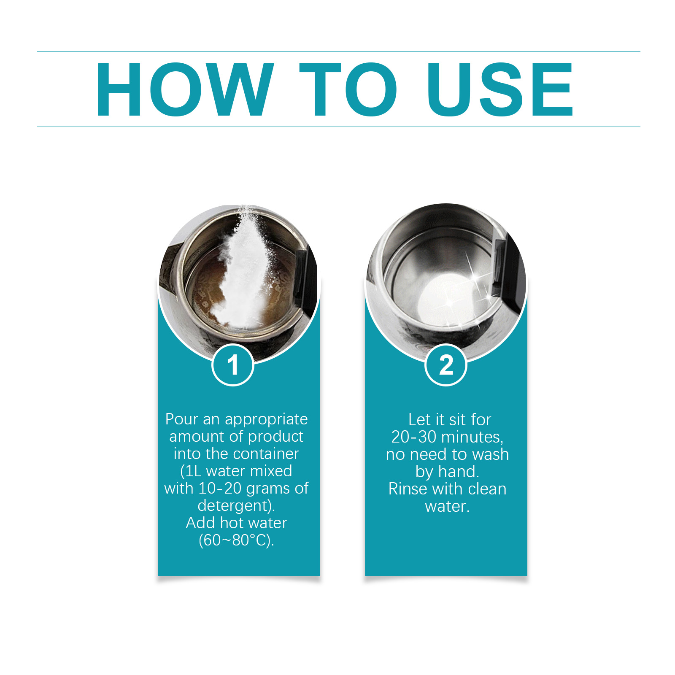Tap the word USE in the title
coord(500,89)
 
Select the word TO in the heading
coord(348,89)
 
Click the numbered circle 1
coord(233,365)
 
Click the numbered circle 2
coord(446,365)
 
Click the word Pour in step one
coord(181,419)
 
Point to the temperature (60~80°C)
coord(236,540)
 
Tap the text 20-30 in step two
coord(414,437)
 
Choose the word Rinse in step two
coord(408,489)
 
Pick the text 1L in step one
coord(193,471)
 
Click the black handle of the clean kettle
coord(508,270)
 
